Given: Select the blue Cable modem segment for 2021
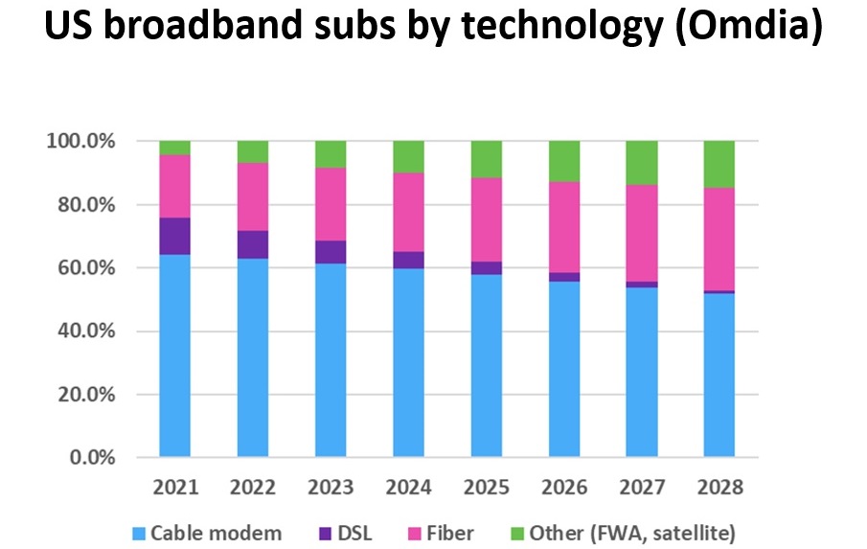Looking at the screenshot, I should point(175,355).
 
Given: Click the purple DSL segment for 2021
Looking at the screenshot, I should point(175,236).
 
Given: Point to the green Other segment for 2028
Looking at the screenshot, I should point(719,164).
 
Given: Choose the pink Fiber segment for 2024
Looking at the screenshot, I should point(408,212).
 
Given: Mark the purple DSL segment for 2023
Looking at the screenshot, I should point(331,252).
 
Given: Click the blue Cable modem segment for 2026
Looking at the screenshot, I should point(563,369).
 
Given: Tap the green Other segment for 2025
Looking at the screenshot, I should point(486,159).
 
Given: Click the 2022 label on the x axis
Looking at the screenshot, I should point(253,487).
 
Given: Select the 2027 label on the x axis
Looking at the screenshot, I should point(642,487).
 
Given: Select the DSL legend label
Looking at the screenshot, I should point(354,532).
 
